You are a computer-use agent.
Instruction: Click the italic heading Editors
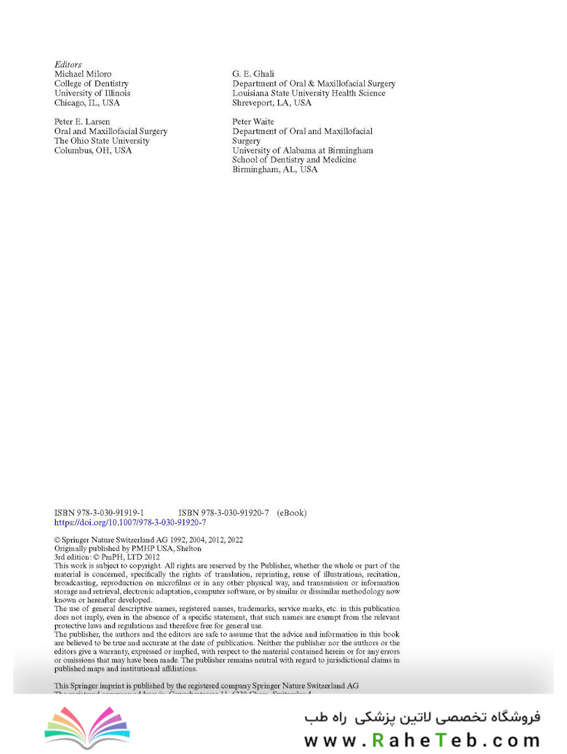(x=68, y=64)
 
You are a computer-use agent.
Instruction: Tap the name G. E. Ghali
(x=253, y=74)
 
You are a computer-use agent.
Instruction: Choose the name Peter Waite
(x=253, y=121)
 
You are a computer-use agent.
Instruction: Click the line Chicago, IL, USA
(x=87, y=103)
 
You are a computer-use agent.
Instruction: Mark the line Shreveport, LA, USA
(x=272, y=103)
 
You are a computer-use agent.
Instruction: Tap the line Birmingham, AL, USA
(x=275, y=169)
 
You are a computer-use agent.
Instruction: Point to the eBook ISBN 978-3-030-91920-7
(x=224, y=512)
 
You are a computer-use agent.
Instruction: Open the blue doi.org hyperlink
(x=130, y=522)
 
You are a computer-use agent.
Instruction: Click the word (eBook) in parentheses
(x=292, y=512)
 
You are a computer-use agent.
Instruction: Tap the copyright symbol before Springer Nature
(x=57, y=540)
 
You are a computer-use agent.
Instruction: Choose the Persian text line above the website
(x=422, y=717)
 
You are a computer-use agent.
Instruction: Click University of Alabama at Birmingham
(x=303, y=150)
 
